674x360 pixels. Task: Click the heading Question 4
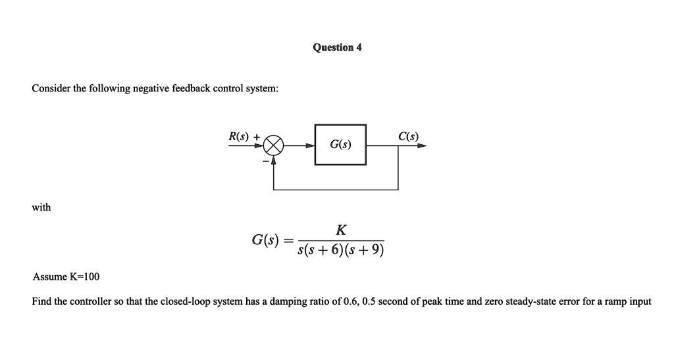tap(337, 47)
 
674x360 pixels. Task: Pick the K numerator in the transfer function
tap(340, 230)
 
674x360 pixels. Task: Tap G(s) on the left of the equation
tap(265, 240)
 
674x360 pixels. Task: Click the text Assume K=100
tap(66, 276)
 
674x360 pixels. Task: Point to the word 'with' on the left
tap(41, 207)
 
